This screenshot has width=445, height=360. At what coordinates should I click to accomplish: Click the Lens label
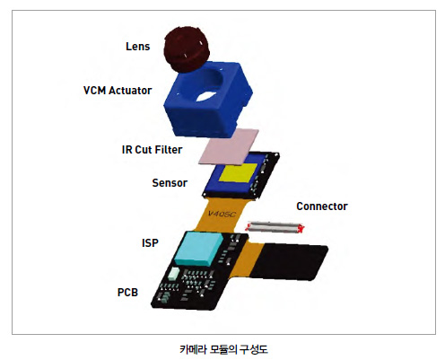(137, 47)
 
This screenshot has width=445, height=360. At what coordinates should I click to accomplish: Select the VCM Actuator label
(118, 91)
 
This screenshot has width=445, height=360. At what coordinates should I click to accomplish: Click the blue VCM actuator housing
(208, 101)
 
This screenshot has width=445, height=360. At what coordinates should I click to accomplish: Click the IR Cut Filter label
(152, 150)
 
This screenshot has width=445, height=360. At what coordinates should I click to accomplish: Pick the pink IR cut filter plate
(229, 146)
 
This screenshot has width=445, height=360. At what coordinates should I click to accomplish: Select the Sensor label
(170, 183)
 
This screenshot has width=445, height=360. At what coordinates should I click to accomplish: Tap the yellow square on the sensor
(239, 172)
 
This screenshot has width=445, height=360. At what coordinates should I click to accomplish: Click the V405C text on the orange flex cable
(222, 214)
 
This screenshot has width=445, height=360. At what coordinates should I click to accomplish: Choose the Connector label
(322, 206)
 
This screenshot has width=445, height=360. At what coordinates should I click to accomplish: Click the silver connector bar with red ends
(275, 227)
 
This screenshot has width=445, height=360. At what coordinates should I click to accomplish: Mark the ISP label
(150, 243)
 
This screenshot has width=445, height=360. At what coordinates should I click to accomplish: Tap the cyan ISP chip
(199, 249)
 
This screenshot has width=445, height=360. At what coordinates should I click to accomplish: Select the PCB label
(127, 293)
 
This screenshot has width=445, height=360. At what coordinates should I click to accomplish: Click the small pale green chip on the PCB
(174, 274)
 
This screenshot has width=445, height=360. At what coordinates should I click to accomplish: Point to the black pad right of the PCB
(289, 261)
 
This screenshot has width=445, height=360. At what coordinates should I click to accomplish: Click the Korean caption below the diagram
(223, 349)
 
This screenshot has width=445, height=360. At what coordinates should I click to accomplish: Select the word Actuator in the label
(130, 91)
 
